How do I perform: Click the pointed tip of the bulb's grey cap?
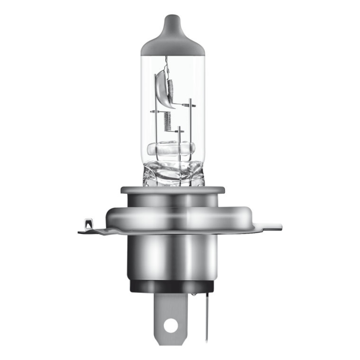pos(173,17)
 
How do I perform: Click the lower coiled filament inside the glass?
pos(167,121)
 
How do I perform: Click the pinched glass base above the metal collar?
pos(173,173)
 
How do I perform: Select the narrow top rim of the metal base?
pos(173,190)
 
